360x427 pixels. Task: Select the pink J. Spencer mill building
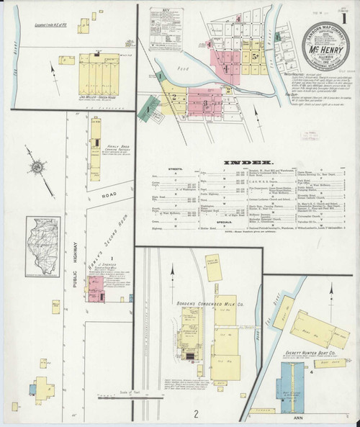96,292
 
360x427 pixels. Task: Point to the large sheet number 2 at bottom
196,413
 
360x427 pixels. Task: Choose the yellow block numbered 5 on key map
256,54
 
